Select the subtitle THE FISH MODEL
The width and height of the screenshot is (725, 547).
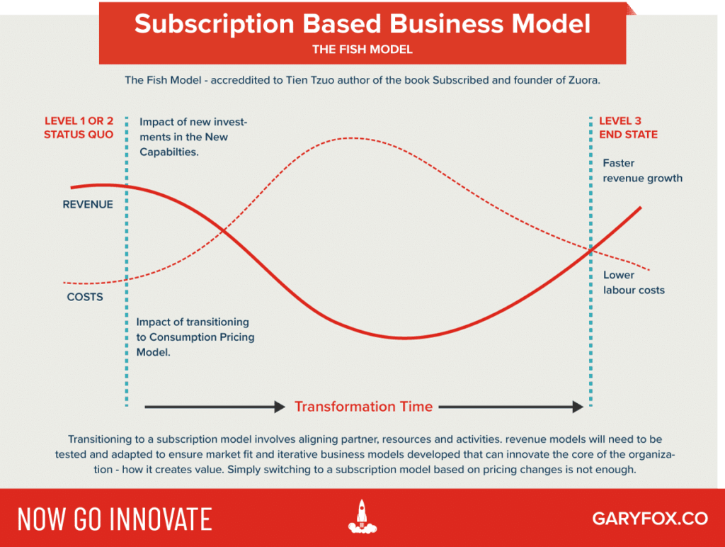click(x=362, y=50)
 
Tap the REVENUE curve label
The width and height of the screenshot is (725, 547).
click(x=88, y=204)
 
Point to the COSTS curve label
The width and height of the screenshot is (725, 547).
click(x=85, y=297)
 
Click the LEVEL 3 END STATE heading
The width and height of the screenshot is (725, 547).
click(x=628, y=128)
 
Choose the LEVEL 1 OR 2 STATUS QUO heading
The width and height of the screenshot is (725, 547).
click(x=79, y=128)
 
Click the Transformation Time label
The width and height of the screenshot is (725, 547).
click(x=363, y=407)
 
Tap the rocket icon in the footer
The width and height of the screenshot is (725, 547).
click(x=362, y=517)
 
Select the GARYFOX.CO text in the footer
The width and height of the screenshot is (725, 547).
click(x=649, y=518)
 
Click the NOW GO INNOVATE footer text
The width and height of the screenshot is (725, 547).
click(x=114, y=519)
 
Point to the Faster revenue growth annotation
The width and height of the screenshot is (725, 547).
click(x=642, y=171)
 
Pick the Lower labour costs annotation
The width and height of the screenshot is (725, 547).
click(x=634, y=283)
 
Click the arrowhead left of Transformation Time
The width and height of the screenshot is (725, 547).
click(x=278, y=407)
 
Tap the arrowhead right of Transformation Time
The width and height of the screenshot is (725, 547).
click(x=576, y=407)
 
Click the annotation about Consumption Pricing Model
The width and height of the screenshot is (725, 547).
click(x=195, y=337)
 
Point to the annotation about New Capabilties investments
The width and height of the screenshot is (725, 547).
click(x=193, y=137)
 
